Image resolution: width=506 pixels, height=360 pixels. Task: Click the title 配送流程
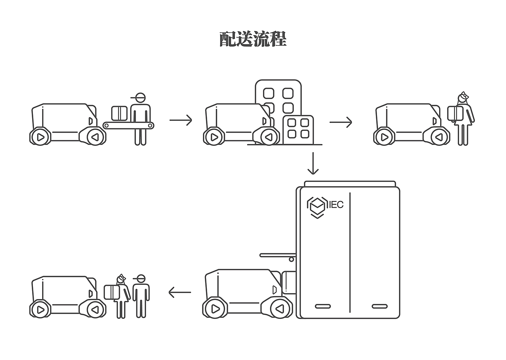click(x=253, y=39)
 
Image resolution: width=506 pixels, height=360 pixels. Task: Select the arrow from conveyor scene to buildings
click(x=181, y=120)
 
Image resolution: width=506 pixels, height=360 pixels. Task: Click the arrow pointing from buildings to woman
click(x=340, y=122)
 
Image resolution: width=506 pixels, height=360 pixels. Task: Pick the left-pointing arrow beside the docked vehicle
click(x=180, y=292)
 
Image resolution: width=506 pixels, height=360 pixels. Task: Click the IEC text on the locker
click(x=336, y=205)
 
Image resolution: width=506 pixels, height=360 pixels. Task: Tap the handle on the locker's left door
click(x=323, y=307)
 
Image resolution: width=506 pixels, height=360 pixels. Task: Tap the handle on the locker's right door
click(x=379, y=307)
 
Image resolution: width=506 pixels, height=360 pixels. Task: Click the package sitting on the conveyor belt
click(x=120, y=113)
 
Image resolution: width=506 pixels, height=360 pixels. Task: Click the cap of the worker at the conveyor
click(x=140, y=97)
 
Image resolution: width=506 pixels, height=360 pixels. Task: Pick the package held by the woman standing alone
click(x=455, y=113)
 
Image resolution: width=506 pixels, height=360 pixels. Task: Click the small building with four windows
click(x=298, y=129)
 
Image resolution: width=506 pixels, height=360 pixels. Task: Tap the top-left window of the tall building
click(x=269, y=94)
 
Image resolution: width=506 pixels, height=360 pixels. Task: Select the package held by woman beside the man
click(x=111, y=292)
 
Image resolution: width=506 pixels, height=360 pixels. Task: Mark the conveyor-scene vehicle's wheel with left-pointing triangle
click(x=95, y=137)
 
